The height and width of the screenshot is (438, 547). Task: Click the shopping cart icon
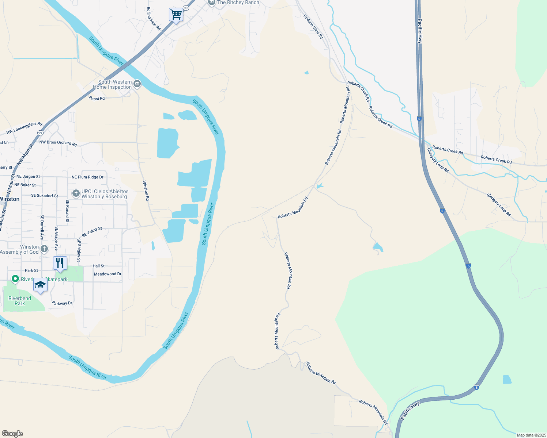click(176, 15)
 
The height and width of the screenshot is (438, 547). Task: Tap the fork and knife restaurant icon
click(60, 263)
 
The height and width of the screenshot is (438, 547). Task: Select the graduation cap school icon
click(40, 285)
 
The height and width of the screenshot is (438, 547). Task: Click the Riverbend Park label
click(20, 301)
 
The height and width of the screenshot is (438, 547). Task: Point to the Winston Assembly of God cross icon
click(44, 249)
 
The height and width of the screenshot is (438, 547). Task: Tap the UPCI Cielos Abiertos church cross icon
click(76, 193)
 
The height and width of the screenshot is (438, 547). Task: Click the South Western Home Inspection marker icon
click(137, 84)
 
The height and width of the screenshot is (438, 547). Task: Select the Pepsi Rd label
click(97, 99)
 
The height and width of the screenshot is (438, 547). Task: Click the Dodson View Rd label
click(313, 27)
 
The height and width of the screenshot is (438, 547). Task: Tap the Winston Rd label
click(146, 191)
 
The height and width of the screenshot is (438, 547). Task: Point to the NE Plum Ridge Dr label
click(87, 177)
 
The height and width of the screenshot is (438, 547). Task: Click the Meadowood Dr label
click(107, 274)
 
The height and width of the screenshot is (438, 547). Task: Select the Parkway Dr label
click(62, 303)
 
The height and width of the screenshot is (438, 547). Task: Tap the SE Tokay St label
click(92, 232)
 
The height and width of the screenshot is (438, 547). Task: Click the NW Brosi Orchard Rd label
click(58, 143)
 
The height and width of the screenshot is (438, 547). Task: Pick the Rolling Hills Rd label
click(153, 19)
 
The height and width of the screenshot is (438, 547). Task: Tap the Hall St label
click(99, 266)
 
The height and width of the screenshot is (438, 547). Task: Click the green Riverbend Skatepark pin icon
click(15, 279)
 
